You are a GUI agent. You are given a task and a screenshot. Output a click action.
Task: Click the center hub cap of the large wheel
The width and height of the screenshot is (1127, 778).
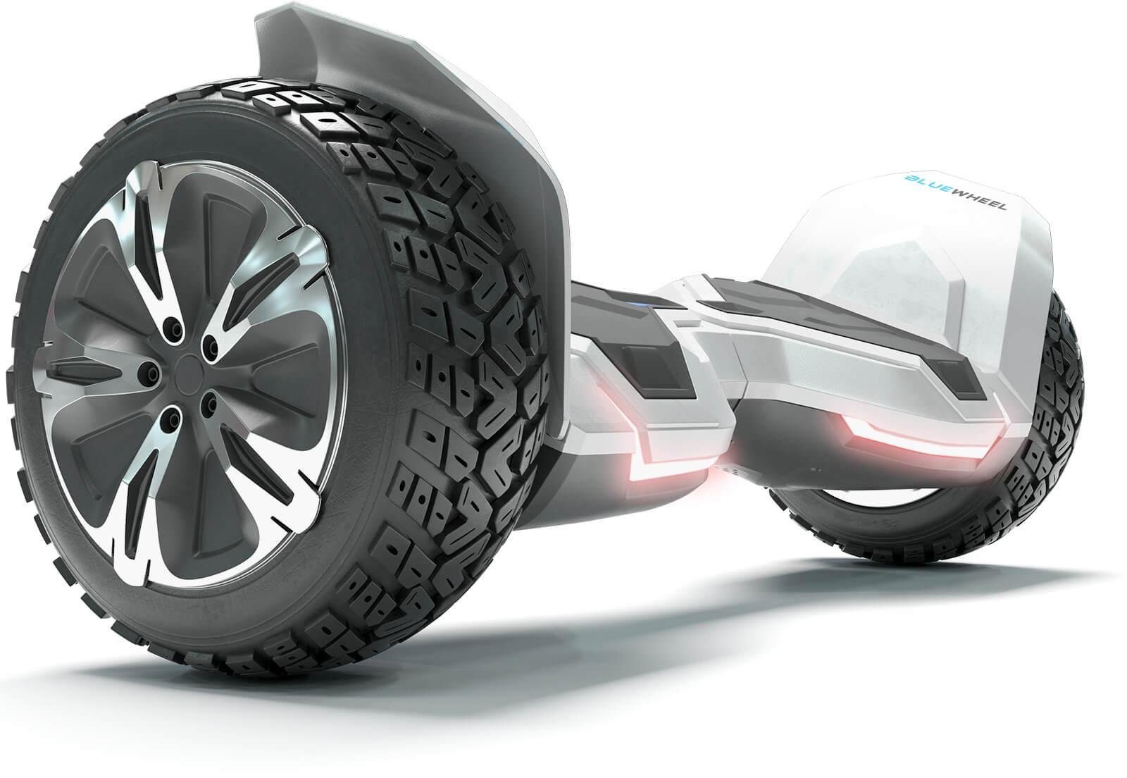point(188,371)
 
